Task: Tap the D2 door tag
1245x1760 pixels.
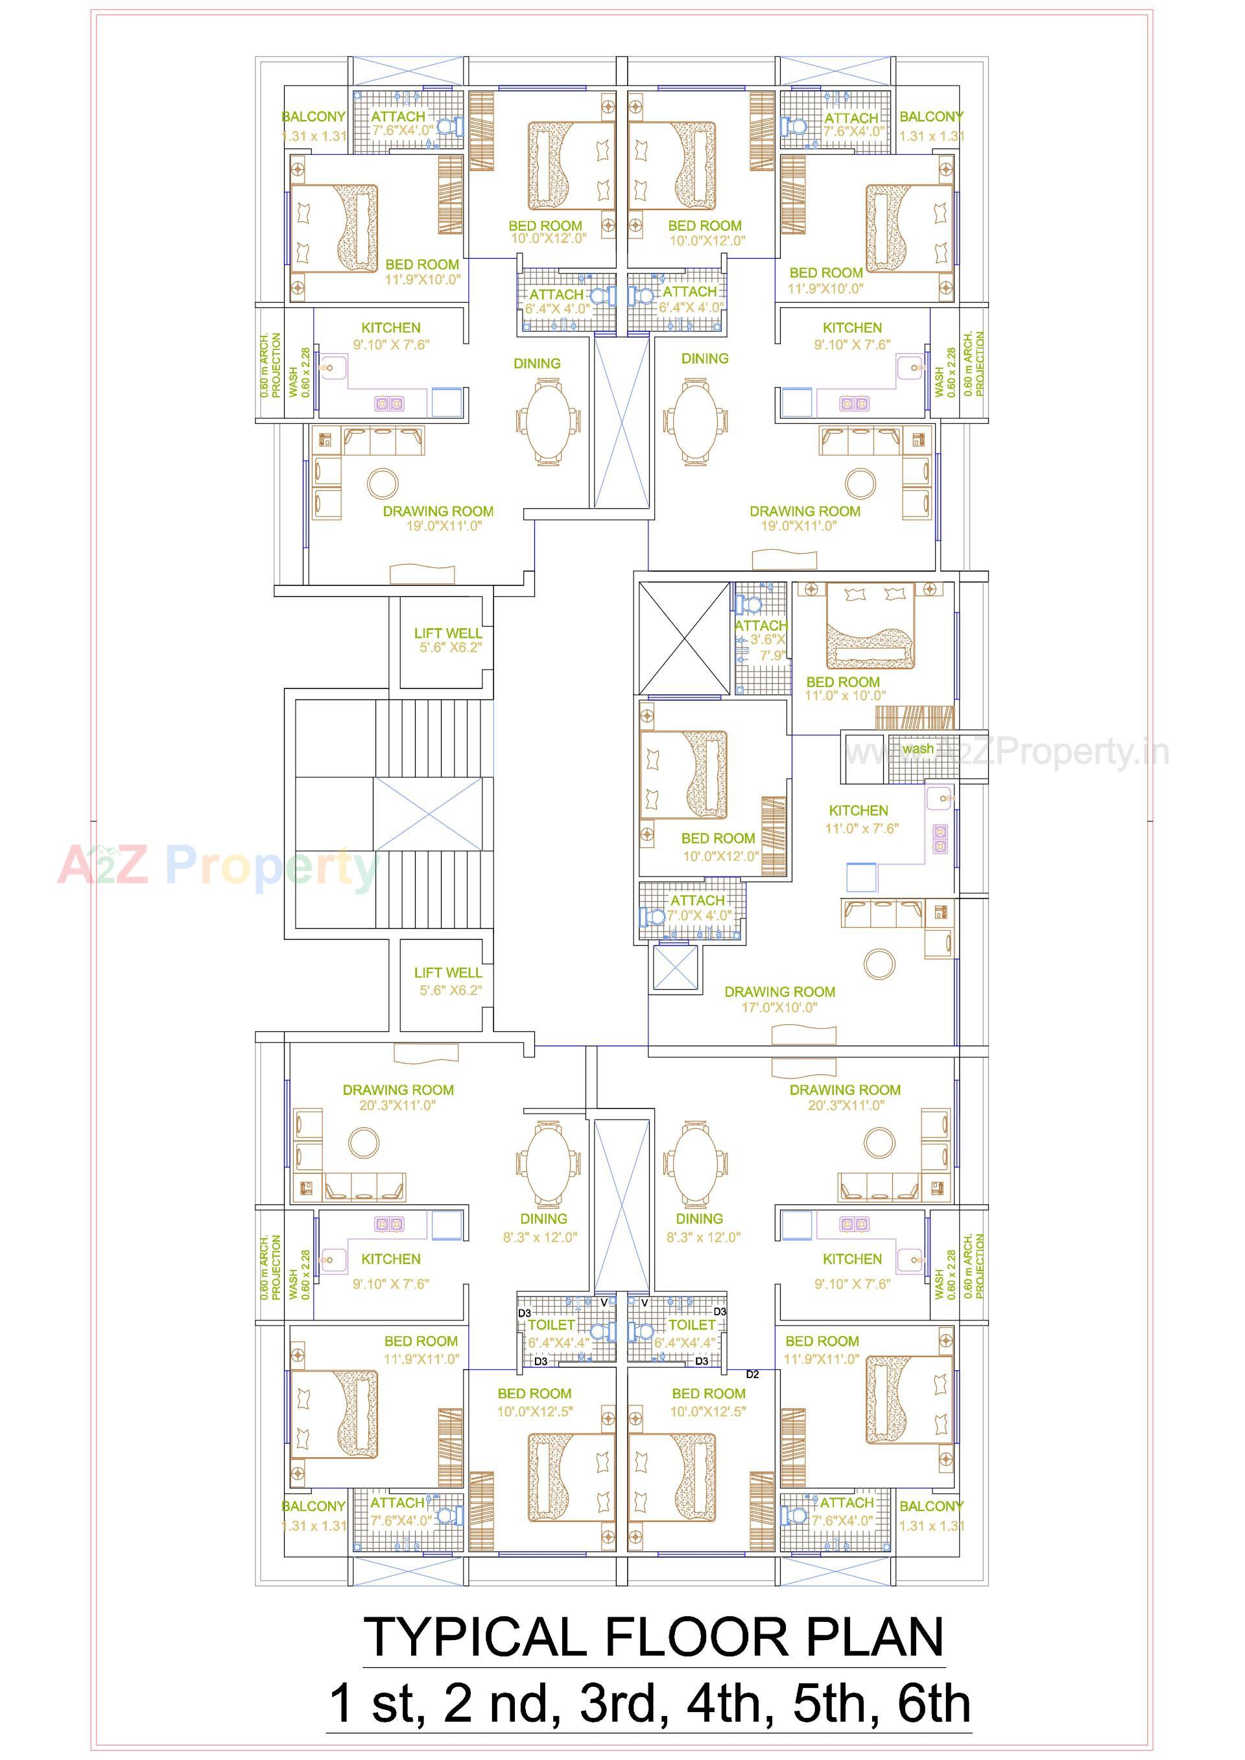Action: point(752,1374)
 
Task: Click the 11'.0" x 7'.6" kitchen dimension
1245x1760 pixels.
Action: point(861,828)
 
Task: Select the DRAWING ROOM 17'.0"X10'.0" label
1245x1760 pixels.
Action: point(779,1000)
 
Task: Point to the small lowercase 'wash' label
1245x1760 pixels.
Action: point(918,749)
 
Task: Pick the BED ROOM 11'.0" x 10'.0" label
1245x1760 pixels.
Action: point(843,688)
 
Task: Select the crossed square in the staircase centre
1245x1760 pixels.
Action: point(428,814)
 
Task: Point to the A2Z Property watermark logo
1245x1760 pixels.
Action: point(219,866)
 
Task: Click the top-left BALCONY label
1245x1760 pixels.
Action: point(314,117)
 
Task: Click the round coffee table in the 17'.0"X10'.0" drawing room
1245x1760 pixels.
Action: point(879,963)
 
